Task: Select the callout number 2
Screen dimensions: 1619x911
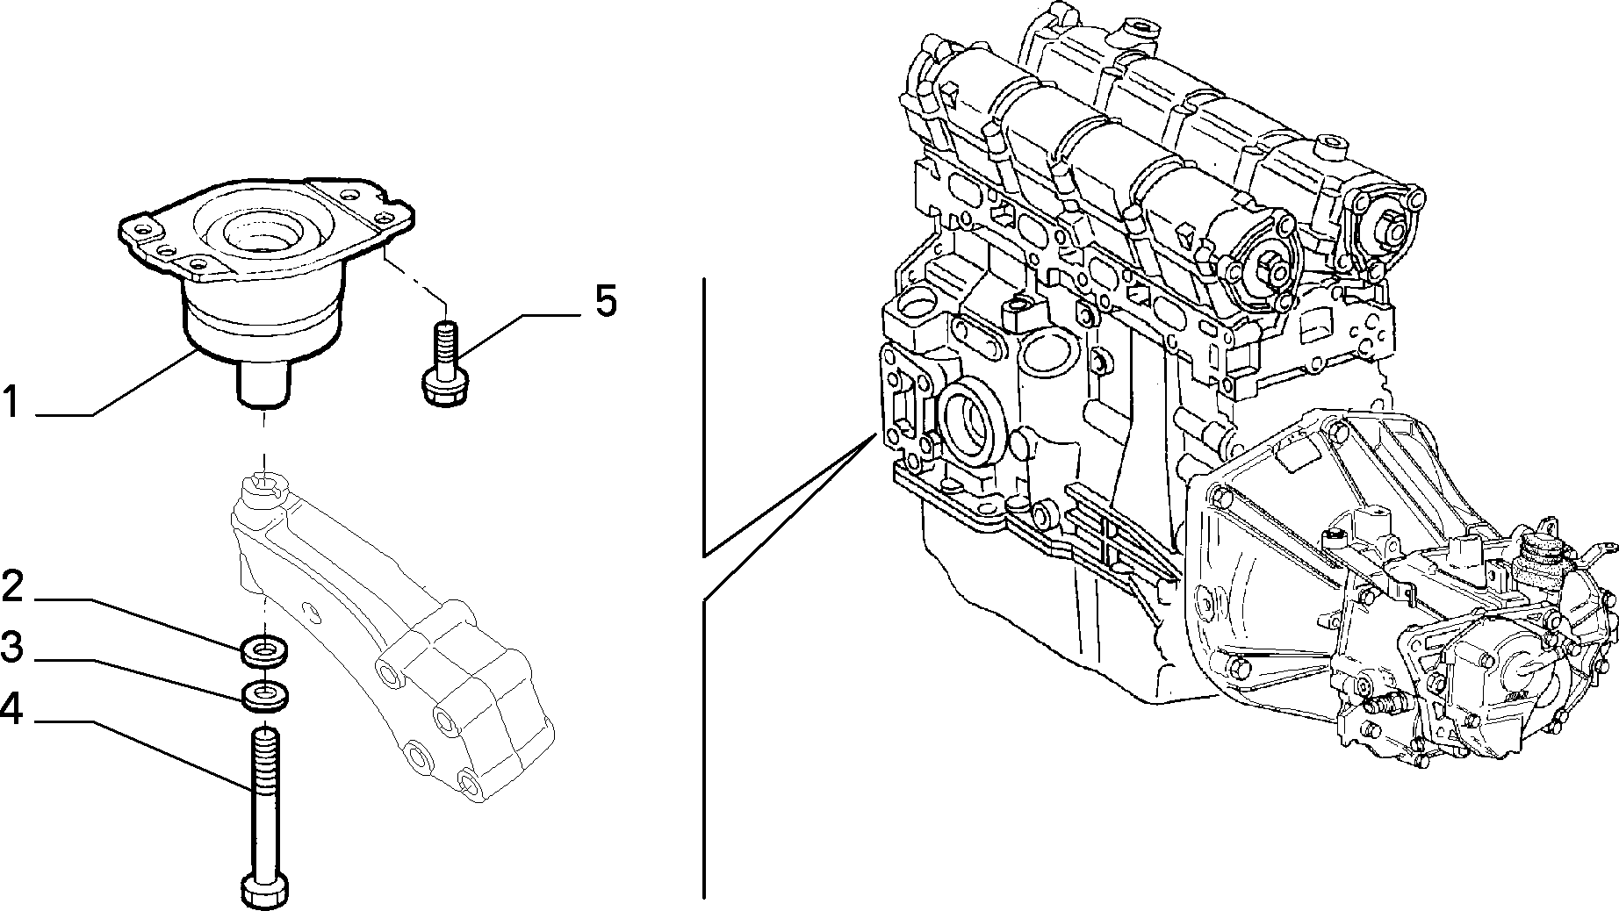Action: coord(12,586)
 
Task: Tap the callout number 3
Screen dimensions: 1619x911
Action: coord(12,648)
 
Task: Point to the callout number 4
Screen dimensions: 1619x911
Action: coord(12,708)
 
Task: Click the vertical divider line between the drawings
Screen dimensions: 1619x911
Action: coord(703,588)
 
